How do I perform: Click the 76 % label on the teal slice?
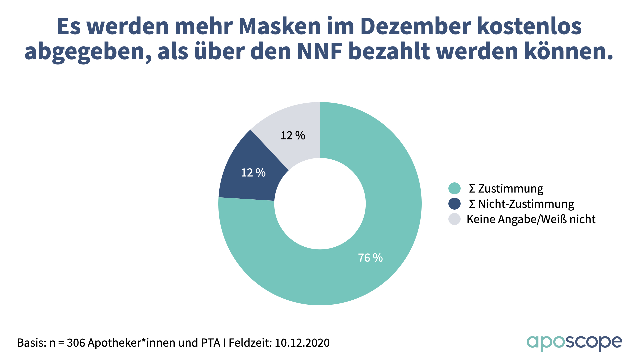(370, 258)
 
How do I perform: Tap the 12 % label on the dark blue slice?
(253, 173)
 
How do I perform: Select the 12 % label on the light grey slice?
(293, 136)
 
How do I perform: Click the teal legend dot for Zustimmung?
(454, 188)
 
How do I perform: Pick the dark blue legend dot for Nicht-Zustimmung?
(454, 204)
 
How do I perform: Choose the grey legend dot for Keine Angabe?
(454, 219)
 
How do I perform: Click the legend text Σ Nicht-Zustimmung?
(521, 204)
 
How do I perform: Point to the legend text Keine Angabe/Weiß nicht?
(531, 219)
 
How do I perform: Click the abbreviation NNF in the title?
(320, 52)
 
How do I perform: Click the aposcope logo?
(574, 342)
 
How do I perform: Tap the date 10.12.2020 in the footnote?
(302, 343)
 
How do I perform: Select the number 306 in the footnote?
(76, 343)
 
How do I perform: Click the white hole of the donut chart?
(320, 204)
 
